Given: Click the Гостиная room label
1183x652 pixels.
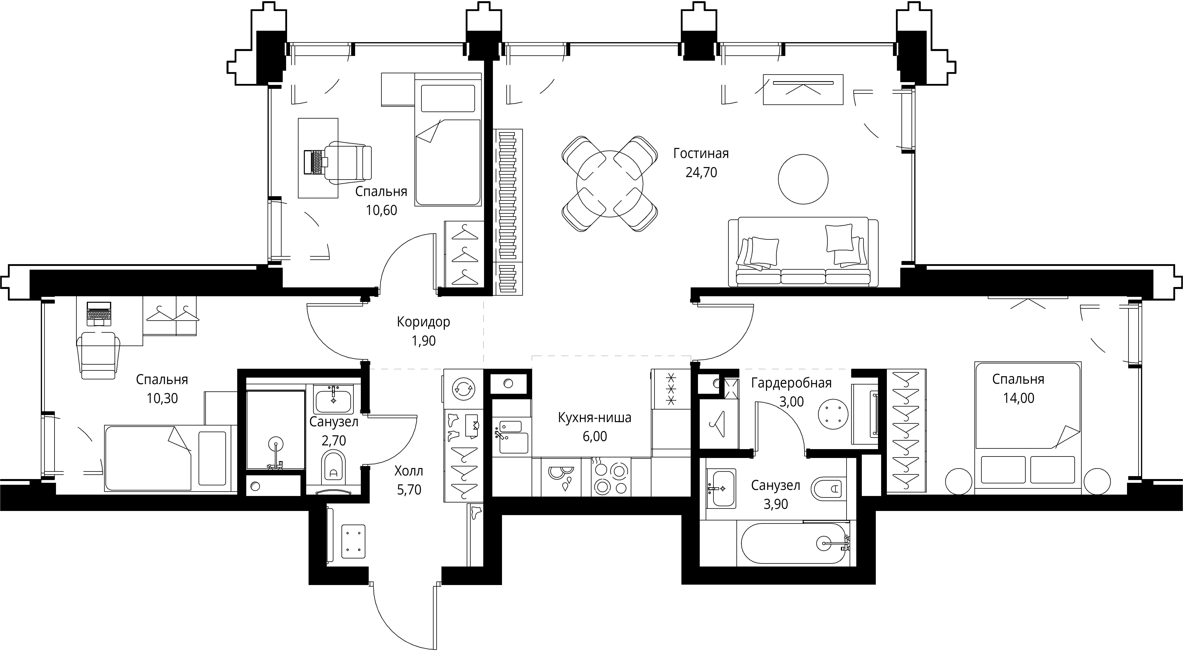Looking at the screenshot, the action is pyautogui.click(x=701, y=153).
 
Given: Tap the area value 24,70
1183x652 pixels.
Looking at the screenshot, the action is pyautogui.click(x=701, y=173).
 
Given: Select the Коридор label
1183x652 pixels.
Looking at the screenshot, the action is pyautogui.click(x=424, y=322).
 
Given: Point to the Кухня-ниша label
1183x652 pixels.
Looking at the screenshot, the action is pyautogui.click(x=595, y=418).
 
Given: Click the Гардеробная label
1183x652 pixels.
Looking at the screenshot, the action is pyautogui.click(x=791, y=383).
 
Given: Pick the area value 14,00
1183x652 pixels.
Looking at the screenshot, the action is pyautogui.click(x=1019, y=398).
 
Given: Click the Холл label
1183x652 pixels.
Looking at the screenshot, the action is pyautogui.click(x=409, y=471).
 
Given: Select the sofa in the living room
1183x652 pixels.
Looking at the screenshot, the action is pyautogui.click(x=803, y=252).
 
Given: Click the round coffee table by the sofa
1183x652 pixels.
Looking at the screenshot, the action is pyautogui.click(x=803, y=179).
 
